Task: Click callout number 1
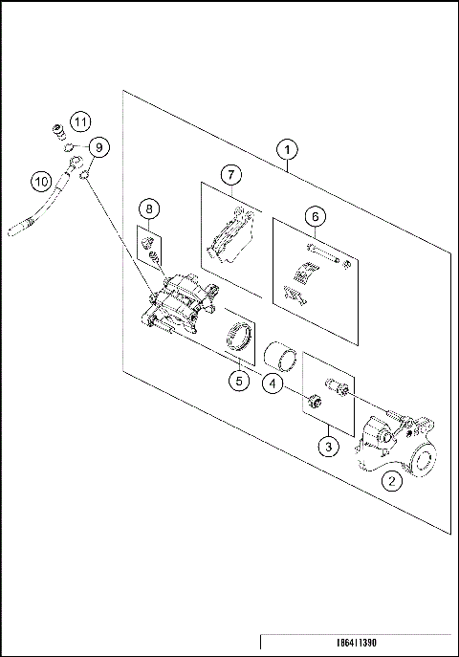[x=286, y=150]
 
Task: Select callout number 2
[x=391, y=481]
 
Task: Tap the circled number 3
[x=328, y=446]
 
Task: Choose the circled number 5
[x=238, y=381]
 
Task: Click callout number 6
[x=313, y=217]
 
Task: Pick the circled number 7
[x=229, y=175]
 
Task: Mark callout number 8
[x=149, y=208]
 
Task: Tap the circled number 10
[x=41, y=179]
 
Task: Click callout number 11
[x=79, y=121]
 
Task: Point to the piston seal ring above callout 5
[x=238, y=339]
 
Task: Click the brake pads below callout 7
[x=229, y=234]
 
